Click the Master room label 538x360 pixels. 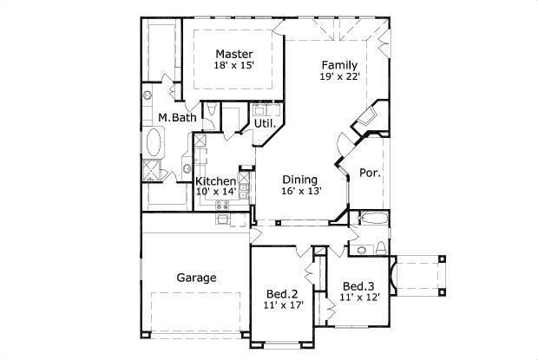[234, 54]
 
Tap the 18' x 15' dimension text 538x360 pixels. [234, 65]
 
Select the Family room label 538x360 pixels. [339, 65]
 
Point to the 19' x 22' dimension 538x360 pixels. [339, 76]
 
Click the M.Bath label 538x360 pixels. [176, 117]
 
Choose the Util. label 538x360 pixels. [265, 123]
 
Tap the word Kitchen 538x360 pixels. [215, 181]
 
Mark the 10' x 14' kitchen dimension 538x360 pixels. [215, 192]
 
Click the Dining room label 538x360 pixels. [299, 180]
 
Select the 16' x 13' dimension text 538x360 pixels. [299, 192]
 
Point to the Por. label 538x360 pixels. [370, 172]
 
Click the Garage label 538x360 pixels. [197, 278]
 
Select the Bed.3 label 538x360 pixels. [358, 286]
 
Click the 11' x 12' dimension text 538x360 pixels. [358, 298]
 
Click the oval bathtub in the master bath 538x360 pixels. [155, 141]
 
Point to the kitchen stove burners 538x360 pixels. [219, 206]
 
